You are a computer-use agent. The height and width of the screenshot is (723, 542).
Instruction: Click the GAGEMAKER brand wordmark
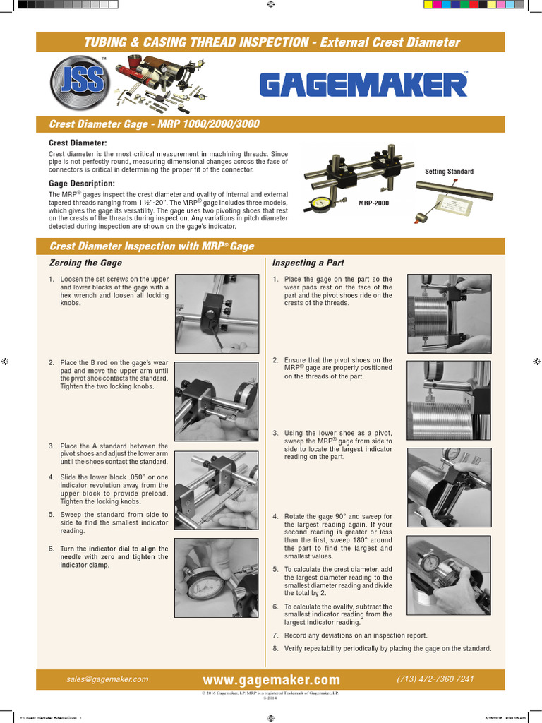363,85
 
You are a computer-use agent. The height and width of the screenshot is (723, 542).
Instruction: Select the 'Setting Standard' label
449,172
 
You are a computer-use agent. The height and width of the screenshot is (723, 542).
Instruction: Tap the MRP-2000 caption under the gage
373,203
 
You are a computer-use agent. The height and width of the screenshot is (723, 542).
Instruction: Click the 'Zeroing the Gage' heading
85,263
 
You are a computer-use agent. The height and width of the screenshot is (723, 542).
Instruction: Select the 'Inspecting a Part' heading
308,263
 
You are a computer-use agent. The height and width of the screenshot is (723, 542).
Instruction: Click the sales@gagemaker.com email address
107,679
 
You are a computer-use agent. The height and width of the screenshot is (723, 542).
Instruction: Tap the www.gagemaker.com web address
271,680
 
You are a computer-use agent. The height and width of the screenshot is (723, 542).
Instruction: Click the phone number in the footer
435,679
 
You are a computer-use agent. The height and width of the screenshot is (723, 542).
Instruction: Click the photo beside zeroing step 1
217,313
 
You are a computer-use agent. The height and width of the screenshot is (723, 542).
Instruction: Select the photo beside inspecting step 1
449,313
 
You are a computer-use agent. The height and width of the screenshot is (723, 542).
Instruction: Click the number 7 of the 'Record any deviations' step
275,635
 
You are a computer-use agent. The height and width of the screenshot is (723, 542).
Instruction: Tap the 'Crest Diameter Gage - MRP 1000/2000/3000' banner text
155,124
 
